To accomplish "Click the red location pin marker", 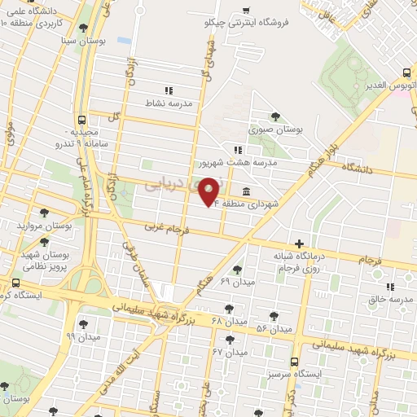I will (x=209, y=191).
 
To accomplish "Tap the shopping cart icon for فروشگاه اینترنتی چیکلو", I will (x=246, y=11).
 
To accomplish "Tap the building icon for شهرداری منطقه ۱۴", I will (x=246, y=191).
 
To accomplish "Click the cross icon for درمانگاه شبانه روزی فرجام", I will (x=300, y=243).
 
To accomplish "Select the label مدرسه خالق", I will (x=386, y=298).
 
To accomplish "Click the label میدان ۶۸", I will (x=227, y=320).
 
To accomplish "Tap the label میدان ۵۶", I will (x=274, y=328).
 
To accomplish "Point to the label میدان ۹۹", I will (x=82, y=336).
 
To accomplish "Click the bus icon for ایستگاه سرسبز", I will (x=294, y=361).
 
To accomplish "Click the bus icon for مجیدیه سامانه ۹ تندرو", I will (x=81, y=120).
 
